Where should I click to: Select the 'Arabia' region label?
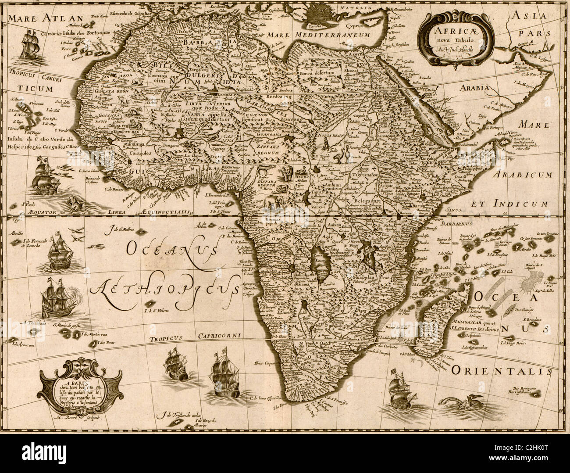tap(474, 88)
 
